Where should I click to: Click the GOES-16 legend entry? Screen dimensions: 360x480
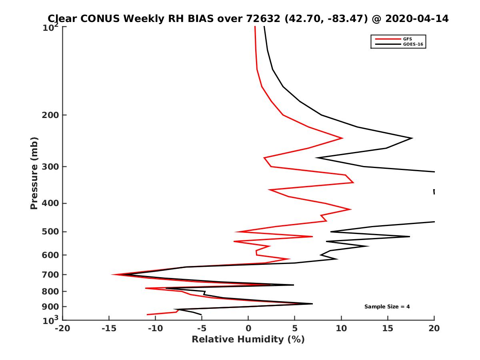coord(413,44)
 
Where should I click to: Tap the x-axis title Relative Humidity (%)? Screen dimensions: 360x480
coord(248,340)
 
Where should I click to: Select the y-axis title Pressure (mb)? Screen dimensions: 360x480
coord(34,173)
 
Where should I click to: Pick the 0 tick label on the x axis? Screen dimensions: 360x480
coord(248,328)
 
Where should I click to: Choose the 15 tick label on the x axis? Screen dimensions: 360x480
coord(388,328)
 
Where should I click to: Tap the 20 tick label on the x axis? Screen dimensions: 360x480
coord(434,328)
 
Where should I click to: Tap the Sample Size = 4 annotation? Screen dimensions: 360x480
coord(387,307)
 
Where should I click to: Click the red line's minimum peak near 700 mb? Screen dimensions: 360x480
coord(112,274)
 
